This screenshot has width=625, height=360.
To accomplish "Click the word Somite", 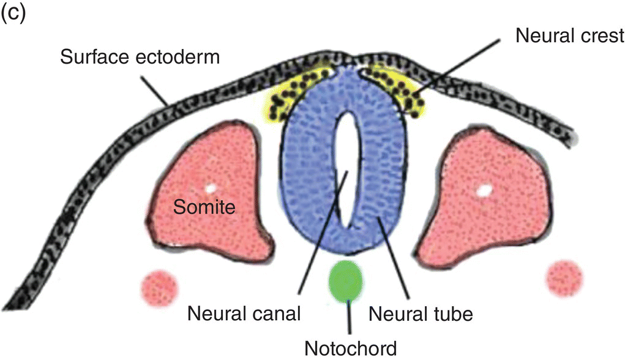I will click(x=204, y=207).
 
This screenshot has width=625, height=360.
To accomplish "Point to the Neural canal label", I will click(x=244, y=314).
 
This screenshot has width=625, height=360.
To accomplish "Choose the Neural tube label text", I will click(x=421, y=314).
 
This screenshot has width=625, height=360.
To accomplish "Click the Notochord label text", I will click(x=351, y=347).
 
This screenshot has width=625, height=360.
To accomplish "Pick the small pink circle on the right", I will click(x=564, y=277).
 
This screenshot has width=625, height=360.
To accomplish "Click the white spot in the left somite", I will click(x=211, y=188).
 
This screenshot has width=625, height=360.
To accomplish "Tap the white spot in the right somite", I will click(x=484, y=190).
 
